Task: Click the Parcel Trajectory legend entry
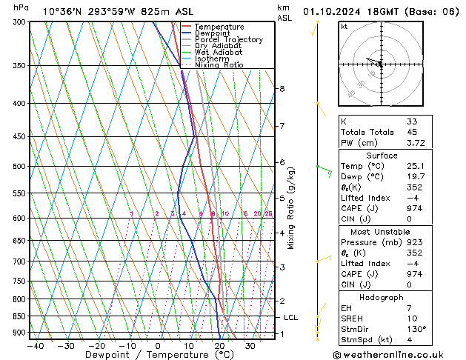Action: click(x=228, y=39)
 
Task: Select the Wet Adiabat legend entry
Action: click(x=219, y=52)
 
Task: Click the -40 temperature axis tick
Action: click(x=34, y=345)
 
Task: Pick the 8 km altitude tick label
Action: click(x=282, y=89)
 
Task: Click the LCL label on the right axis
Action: click(x=291, y=317)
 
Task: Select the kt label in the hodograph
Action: click(x=344, y=27)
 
